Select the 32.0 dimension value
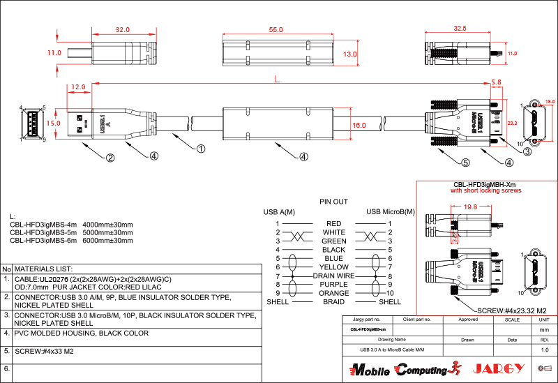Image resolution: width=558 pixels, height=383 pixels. coord(122,30)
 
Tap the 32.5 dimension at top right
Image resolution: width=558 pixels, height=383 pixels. coord(460,29)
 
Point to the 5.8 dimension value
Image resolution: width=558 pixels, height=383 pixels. coord(496,82)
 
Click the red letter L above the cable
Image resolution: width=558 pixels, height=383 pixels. coord(278,80)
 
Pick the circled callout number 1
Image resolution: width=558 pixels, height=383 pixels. coord(200,149)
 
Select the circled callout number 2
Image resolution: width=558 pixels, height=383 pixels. coord(110,158)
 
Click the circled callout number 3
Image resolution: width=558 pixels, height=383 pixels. coord(527,151)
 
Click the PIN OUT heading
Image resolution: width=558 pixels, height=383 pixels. coord(333,201)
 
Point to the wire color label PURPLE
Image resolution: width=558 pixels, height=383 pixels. coord(334,285)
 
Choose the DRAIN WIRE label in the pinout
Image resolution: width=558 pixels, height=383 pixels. coord(334,276)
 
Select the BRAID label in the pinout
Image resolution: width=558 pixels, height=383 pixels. coord(334,302)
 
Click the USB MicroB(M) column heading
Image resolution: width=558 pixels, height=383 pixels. coord(390,211)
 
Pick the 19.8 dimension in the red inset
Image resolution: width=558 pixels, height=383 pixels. coord(470,207)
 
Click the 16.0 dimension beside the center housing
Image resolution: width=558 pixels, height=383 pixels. coord(359,126)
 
